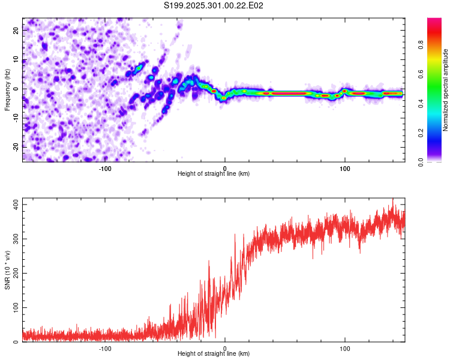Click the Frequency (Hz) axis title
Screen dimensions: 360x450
tap(7, 89)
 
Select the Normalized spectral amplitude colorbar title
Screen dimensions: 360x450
tap(446, 90)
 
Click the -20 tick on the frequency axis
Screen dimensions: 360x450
tap(15, 147)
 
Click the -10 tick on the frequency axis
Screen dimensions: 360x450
tap(15, 118)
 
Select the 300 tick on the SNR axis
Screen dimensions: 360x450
tap(14, 239)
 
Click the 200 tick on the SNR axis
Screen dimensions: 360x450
tap(14, 274)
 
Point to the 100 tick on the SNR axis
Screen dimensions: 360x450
tap(14, 308)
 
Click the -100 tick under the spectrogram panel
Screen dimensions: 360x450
tap(105, 169)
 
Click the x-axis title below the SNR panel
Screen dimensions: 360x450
tap(214, 354)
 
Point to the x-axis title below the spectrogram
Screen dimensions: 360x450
tap(214, 174)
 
